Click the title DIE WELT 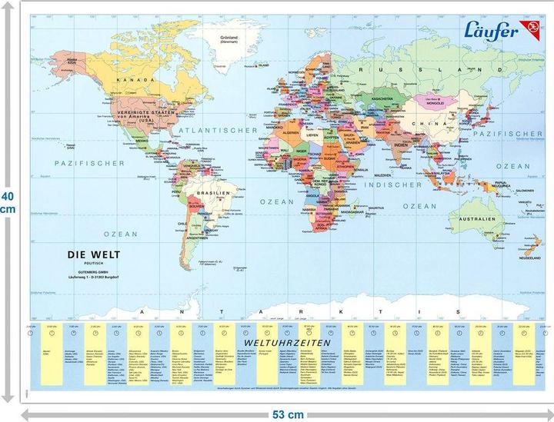pos(94,253)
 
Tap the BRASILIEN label pos(211,193)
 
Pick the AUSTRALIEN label pos(482,219)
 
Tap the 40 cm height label pos(8,202)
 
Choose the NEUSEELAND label pos(531,258)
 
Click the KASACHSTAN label pos(382,100)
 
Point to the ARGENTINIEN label pos(199,238)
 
